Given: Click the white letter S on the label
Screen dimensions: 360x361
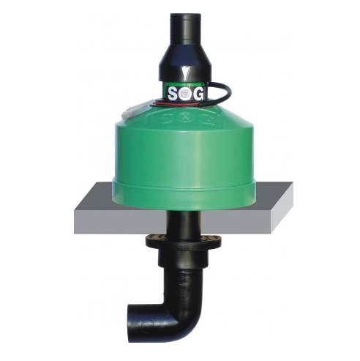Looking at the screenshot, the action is (173, 94).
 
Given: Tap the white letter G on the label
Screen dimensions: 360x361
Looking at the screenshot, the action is (198, 94).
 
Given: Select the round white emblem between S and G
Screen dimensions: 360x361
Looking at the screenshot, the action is (186, 94).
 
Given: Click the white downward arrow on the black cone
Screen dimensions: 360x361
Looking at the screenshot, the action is (184, 74).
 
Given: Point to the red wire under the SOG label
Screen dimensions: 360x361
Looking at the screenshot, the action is (176, 104).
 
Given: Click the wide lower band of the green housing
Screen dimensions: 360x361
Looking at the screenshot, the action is (184, 195).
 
